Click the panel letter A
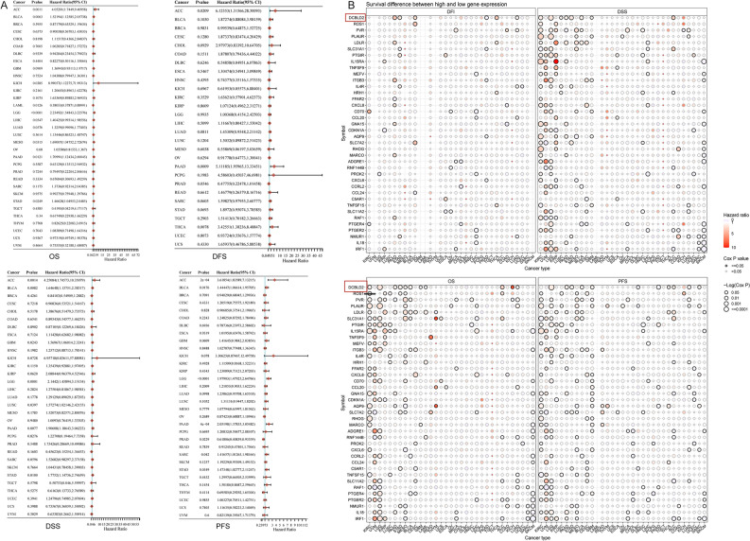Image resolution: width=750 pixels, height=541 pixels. [5, 5]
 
